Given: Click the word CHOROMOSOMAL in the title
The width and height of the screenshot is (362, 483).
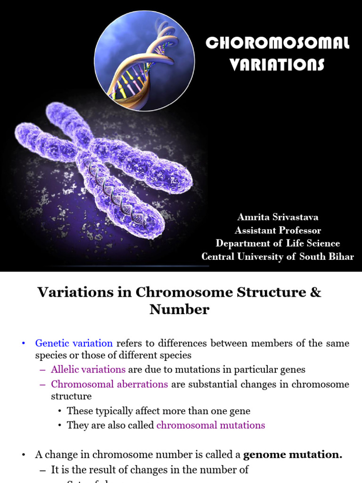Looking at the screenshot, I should point(278,43).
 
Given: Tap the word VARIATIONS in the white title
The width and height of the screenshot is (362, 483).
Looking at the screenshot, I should point(277,64).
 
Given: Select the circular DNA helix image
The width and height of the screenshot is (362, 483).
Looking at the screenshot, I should point(144,61).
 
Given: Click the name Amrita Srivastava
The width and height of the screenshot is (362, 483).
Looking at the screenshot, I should point(278,217).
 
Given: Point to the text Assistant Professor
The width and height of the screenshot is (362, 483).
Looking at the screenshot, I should point(278,230).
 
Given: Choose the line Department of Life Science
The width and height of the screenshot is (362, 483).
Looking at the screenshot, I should point(278,243).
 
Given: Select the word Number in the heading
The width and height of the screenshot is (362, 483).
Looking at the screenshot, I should point(180,309).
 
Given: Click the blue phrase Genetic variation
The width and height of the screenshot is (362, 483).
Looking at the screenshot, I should point(74,343).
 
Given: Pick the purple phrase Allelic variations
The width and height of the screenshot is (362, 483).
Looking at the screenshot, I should point(88,369).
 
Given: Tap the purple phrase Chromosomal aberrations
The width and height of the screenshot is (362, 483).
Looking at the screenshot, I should point(109,384).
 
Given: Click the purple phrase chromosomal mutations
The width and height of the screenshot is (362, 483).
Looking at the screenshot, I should point(211,425).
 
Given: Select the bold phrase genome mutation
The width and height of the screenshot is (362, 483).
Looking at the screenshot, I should point(293,455).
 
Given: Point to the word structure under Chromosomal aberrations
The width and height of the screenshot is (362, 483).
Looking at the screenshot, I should point(71,396).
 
